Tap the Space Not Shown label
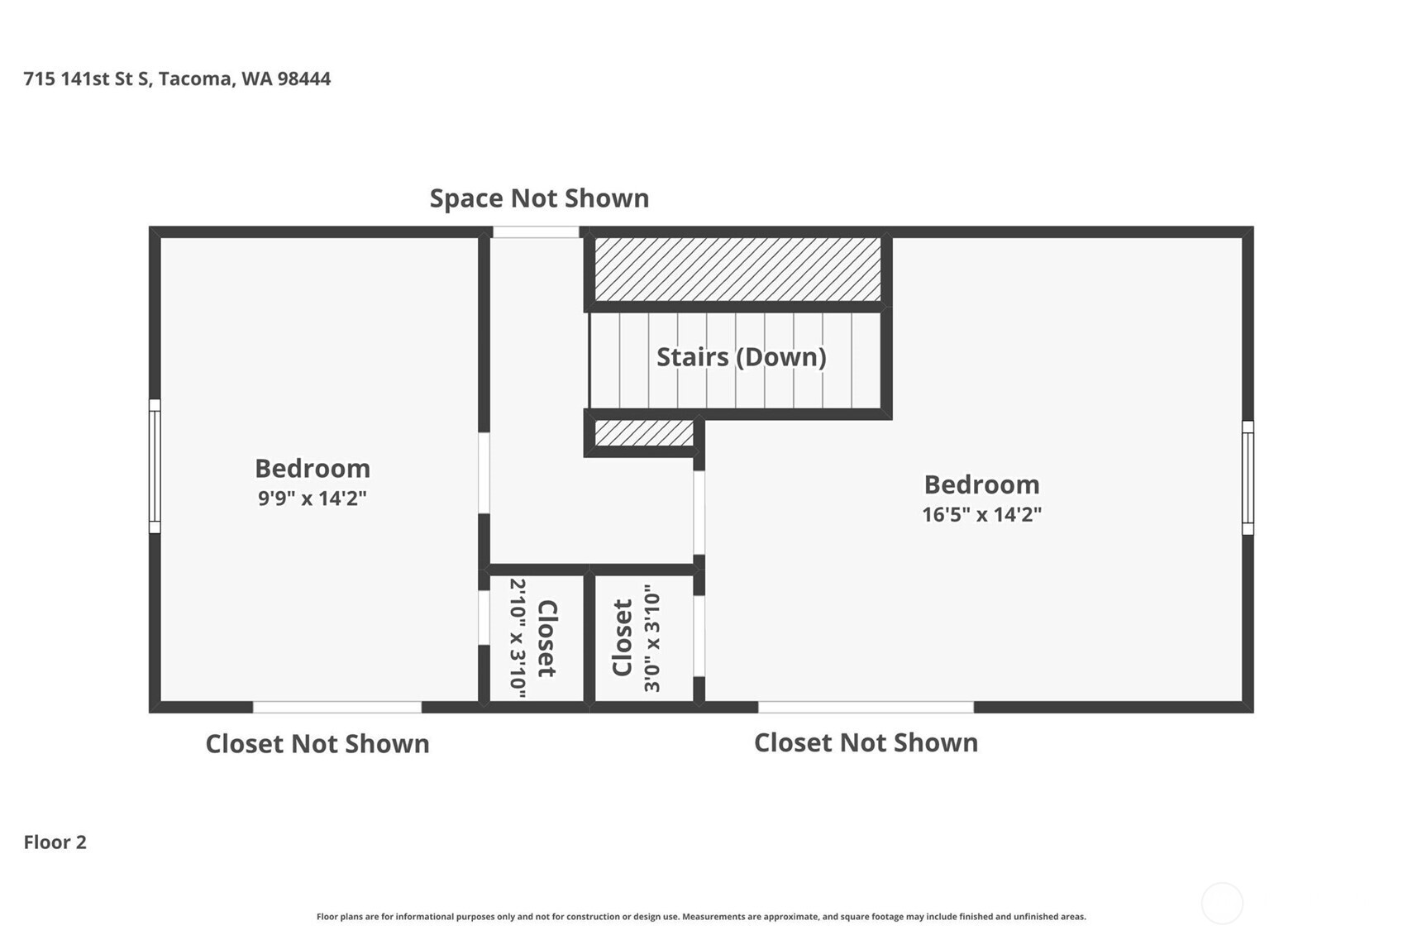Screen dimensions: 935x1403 (539, 198)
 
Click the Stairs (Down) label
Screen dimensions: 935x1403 (741, 357)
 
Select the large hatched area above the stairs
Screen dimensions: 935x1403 (737, 270)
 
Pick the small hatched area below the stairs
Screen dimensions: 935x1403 (644, 433)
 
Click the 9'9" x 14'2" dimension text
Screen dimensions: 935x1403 (312, 499)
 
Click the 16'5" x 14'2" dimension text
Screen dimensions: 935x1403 (981, 514)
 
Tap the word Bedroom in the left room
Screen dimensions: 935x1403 (312, 468)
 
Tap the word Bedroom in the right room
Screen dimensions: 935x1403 (981, 484)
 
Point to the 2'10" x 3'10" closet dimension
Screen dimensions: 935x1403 (518, 637)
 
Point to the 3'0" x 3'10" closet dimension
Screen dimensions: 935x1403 (652, 637)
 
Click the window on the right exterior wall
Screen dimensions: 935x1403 (1248, 478)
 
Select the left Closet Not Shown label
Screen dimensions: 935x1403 (317, 743)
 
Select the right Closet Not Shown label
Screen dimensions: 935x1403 (866, 742)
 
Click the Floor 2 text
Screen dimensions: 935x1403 (55, 842)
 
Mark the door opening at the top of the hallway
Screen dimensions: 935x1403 (536, 232)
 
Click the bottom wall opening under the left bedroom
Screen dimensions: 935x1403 (336, 707)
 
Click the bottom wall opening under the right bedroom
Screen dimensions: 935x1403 (866, 707)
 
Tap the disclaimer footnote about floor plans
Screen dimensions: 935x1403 (701, 916)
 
